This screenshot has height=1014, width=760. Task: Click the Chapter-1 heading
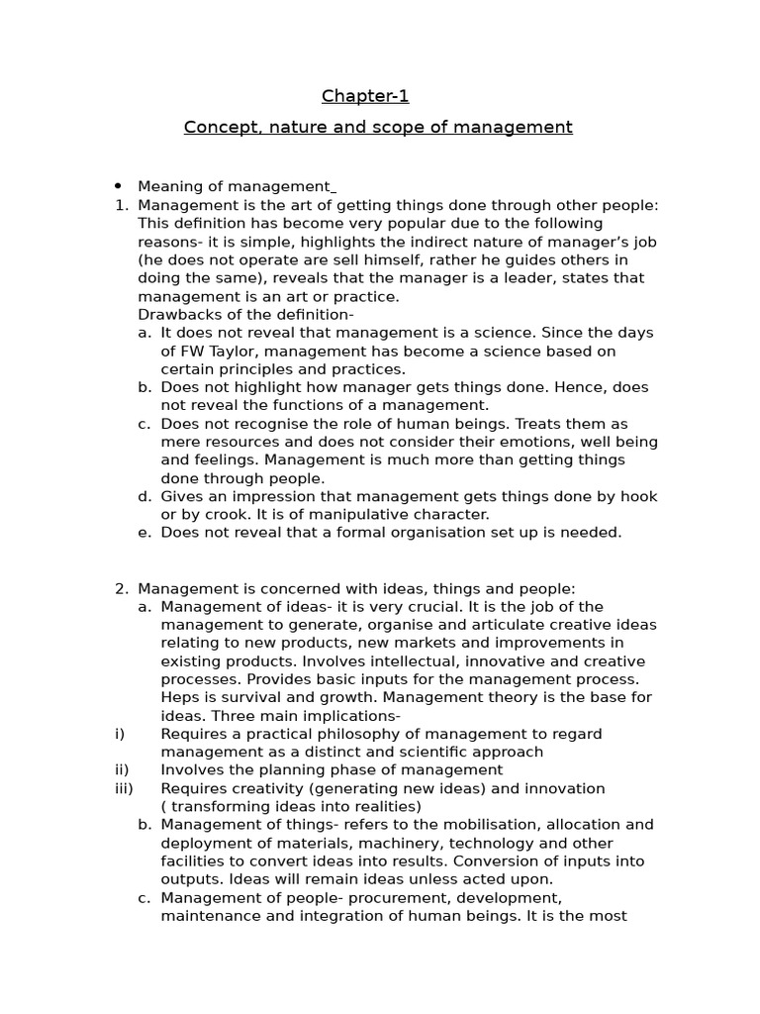pyautogui.click(x=365, y=96)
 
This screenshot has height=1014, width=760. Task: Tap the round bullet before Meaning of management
pyautogui.click(x=118, y=185)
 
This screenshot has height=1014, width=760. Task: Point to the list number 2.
pyautogui.click(x=121, y=588)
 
